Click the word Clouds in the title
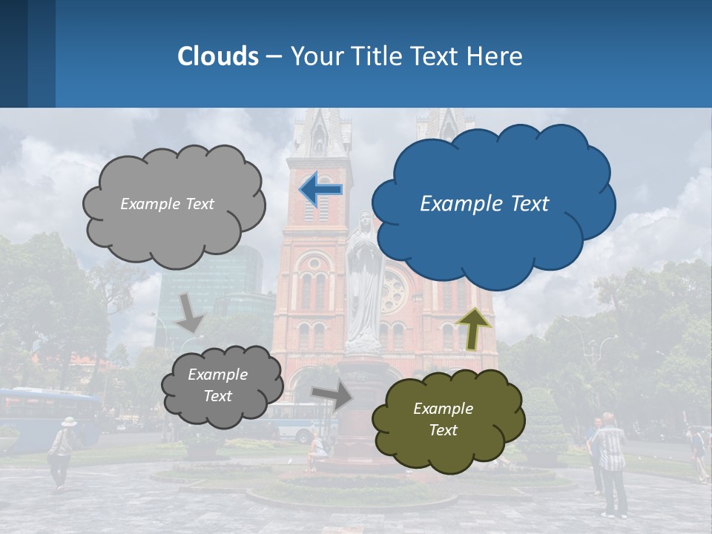pos(218,56)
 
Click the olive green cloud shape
pos(448,420)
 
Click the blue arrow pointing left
pos(320,189)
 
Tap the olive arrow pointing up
pos(474,328)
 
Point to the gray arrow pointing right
pos(332,396)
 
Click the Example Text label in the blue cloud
pos(484,204)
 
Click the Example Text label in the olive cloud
pos(443,419)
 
